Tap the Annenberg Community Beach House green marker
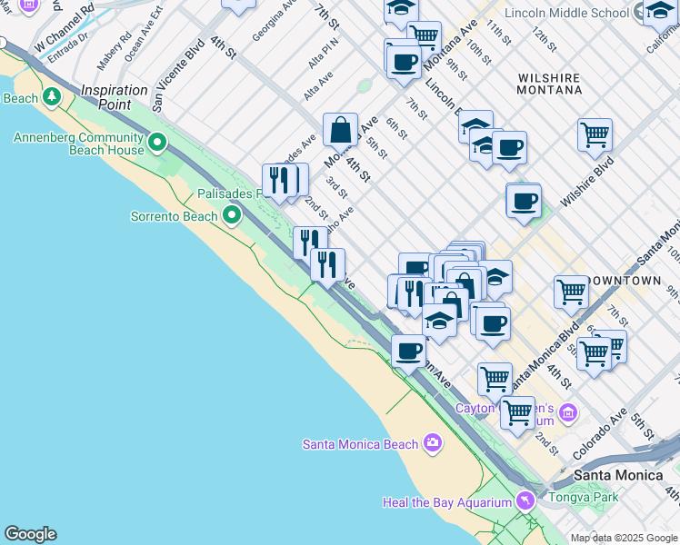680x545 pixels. pyautogui.click(x=158, y=142)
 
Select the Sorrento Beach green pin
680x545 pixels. pyautogui.click(x=232, y=215)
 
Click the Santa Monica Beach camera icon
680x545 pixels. pyautogui.click(x=432, y=443)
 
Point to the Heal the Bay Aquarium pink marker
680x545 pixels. pyautogui.click(x=525, y=500)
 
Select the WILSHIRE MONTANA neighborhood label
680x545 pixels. pyautogui.click(x=549, y=84)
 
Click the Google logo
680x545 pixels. pyautogui.click(x=30, y=534)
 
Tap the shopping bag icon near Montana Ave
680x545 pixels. pyautogui.click(x=340, y=131)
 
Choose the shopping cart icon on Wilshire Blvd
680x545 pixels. pyautogui.click(x=595, y=135)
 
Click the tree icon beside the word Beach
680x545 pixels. pyautogui.click(x=52, y=96)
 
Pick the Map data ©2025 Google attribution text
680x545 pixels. pyautogui.click(x=623, y=538)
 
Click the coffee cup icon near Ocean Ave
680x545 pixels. pyautogui.click(x=409, y=350)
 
